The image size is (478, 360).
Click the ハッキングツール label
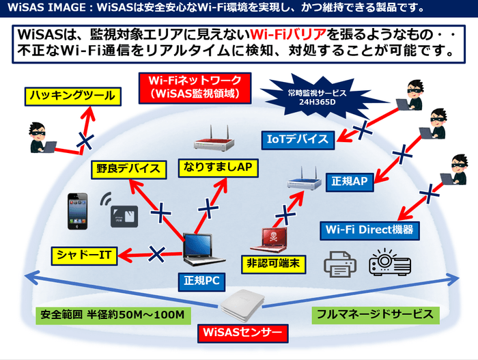[x=70, y=96]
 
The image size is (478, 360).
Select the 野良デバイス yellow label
[x=128, y=169]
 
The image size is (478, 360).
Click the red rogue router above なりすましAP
[x=214, y=142]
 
